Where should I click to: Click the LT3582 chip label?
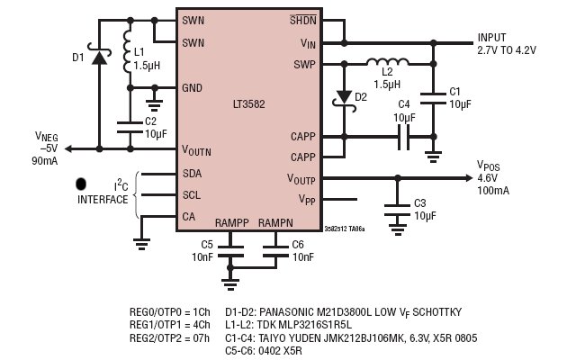(248, 104)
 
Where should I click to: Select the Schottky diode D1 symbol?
(99, 56)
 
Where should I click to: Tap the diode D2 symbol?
(344, 100)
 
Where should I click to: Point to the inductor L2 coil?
(388, 62)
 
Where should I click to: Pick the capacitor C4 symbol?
(404, 137)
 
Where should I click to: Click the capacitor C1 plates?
(434, 98)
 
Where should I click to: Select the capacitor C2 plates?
(130, 127)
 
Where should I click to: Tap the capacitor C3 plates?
(398, 210)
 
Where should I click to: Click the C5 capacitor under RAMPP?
(230, 251)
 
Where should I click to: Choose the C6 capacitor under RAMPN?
(275, 251)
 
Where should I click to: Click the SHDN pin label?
(303, 20)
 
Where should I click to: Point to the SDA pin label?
(192, 174)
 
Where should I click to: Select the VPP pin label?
(307, 200)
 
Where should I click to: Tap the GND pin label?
(192, 88)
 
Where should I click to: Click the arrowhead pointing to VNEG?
(68, 148)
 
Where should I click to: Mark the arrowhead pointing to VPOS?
(469, 178)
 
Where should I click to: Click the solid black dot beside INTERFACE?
(81, 184)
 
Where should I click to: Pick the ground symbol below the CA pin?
(142, 244)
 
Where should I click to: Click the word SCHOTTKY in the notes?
(436, 312)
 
